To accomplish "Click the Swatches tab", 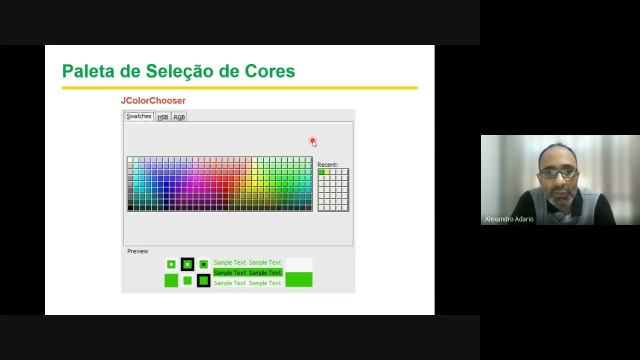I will [138, 116].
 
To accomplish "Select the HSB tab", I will [162, 117].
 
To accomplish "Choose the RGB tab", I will [179, 117].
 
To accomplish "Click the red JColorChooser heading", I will [153, 100].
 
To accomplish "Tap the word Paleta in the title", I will [88, 71].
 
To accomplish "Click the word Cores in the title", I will [269, 71].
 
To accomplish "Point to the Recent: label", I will [327, 164].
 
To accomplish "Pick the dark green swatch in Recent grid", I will [321, 172].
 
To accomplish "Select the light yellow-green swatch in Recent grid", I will [327, 172].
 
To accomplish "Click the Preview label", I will [137, 251].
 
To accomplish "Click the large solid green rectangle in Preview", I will [298, 279].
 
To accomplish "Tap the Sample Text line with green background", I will [247, 272].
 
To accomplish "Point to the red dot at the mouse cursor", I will [312, 141].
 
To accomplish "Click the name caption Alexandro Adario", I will [509, 219].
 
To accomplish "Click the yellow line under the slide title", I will [239, 88].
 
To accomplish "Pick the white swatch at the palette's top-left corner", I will [130, 160].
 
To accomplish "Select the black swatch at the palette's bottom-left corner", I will [130, 208].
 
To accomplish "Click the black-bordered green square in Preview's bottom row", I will [203, 281].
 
